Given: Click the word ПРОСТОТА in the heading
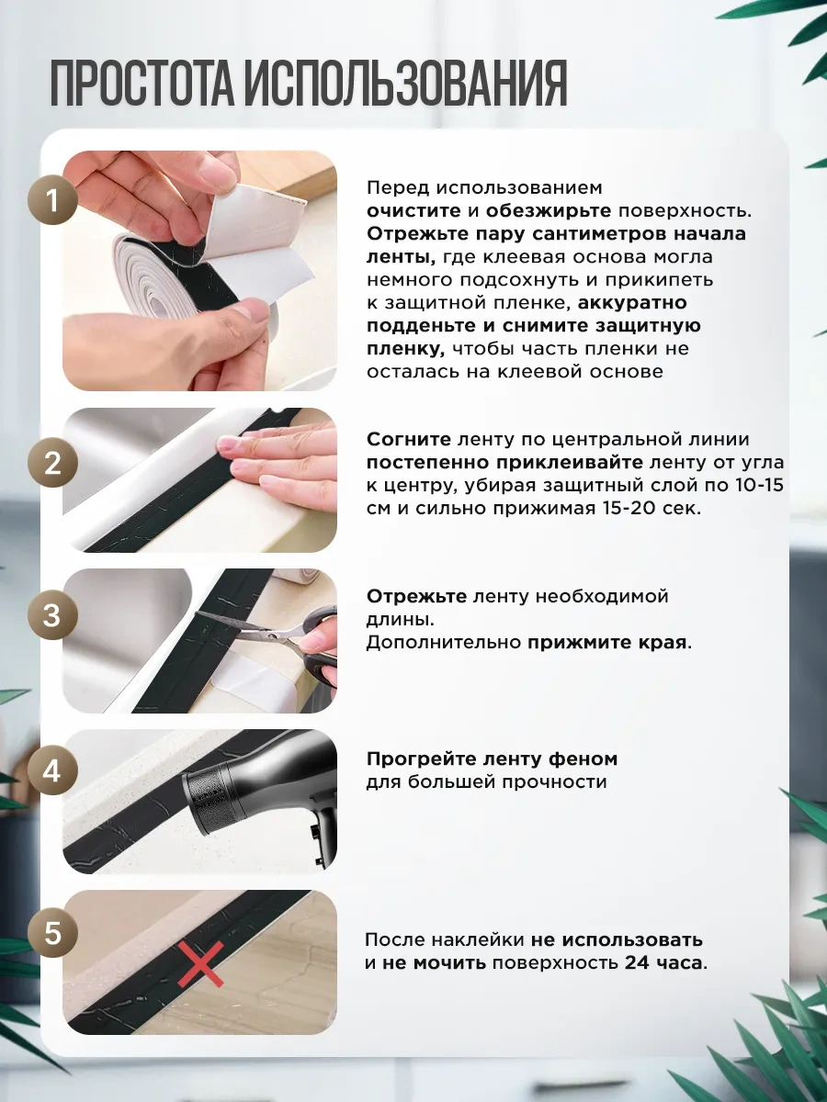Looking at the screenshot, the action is [x=142, y=83].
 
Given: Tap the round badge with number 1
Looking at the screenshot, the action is [x=52, y=201].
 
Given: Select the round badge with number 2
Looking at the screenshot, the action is [x=52, y=462].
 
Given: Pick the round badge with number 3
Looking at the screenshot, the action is [x=52, y=615].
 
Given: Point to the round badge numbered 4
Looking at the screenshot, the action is [x=52, y=771].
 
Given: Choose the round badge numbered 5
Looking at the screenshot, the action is [x=52, y=933].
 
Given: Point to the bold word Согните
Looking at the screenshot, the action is [x=409, y=439].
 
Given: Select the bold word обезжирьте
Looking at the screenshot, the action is [x=549, y=211].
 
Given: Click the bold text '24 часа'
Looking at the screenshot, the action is [x=663, y=962].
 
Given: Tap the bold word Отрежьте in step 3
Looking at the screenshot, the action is [x=417, y=596].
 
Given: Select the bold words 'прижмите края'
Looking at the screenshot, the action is [x=607, y=643].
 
